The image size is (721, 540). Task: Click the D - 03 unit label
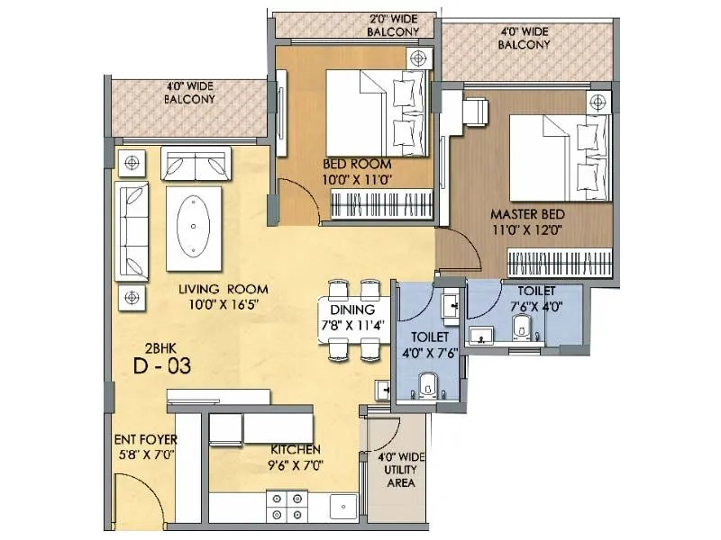tap(162, 366)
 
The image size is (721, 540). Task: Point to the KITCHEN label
tap(296, 449)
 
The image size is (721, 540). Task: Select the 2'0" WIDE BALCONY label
tap(393, 24)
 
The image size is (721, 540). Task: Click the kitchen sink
tap(342, 507)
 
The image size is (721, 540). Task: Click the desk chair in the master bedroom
tap(475, 112)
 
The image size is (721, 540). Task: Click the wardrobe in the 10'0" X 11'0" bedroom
tap(384, 205)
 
